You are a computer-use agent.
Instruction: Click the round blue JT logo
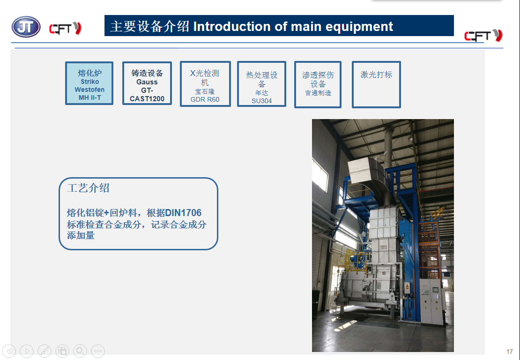26,27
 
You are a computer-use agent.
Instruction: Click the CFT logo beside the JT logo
65,29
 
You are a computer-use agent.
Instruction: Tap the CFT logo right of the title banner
483,35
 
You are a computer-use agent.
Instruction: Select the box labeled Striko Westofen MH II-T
89,83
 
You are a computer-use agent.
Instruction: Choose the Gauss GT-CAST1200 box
147,83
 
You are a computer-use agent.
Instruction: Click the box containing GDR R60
205,84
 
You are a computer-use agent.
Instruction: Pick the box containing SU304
262,84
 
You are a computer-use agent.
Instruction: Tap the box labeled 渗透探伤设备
318,84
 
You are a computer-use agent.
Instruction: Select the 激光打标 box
376,84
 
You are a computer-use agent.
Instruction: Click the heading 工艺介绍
88,188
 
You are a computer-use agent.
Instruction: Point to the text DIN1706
183,213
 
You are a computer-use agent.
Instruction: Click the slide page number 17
510,352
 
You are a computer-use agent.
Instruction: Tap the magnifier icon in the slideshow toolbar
80,351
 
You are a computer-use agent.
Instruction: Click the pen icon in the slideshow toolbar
45,351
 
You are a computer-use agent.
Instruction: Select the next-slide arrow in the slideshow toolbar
27,351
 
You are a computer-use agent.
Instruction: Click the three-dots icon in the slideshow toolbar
98,351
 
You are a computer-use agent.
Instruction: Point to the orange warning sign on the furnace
407,286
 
